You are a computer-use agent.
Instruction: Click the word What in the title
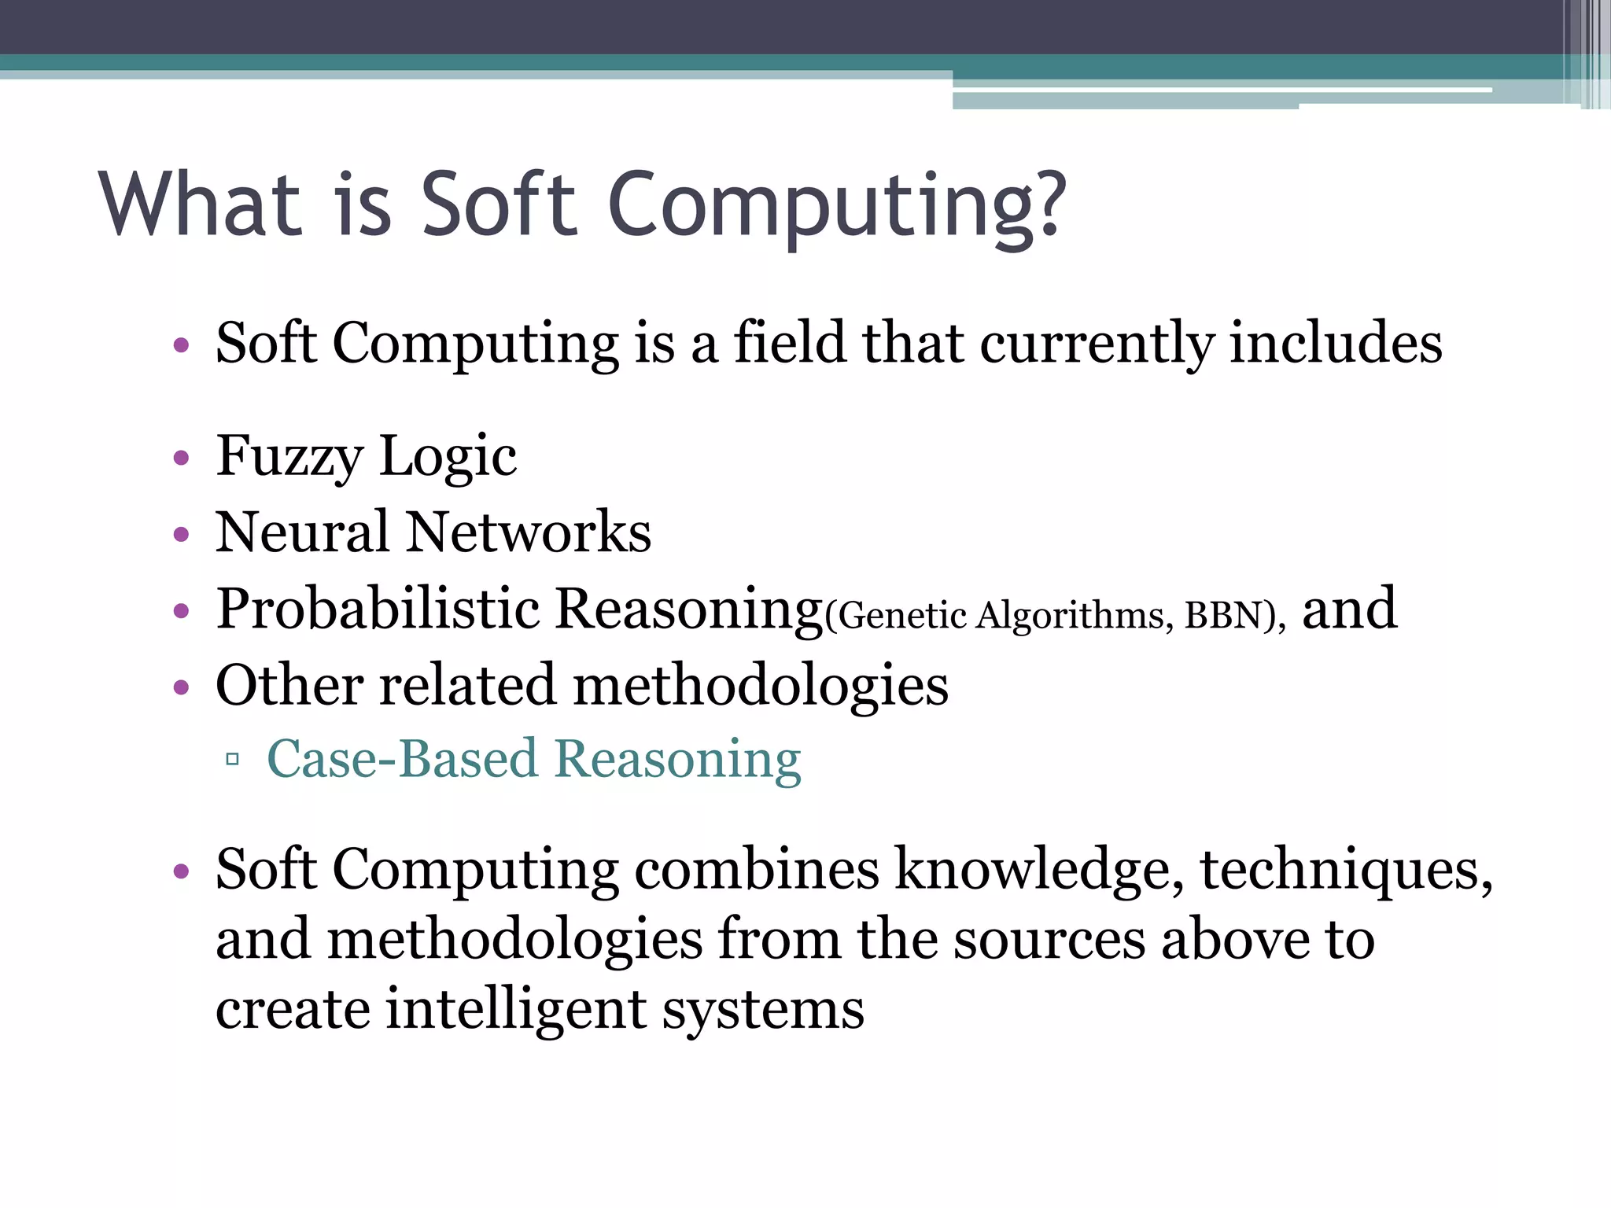tap(201, 204)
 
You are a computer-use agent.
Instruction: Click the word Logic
tap(448, 458)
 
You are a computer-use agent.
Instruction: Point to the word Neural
tap(302, 532)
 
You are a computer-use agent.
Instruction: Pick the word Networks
tap(529, 532)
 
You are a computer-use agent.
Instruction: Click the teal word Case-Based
tap(401, 760)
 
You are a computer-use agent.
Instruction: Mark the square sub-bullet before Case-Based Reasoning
tap(232, 760)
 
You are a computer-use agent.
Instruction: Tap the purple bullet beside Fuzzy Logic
tap(182, 458)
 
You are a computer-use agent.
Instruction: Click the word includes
tap(1336, 344)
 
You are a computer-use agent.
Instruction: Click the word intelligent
tap(516, 1011)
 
